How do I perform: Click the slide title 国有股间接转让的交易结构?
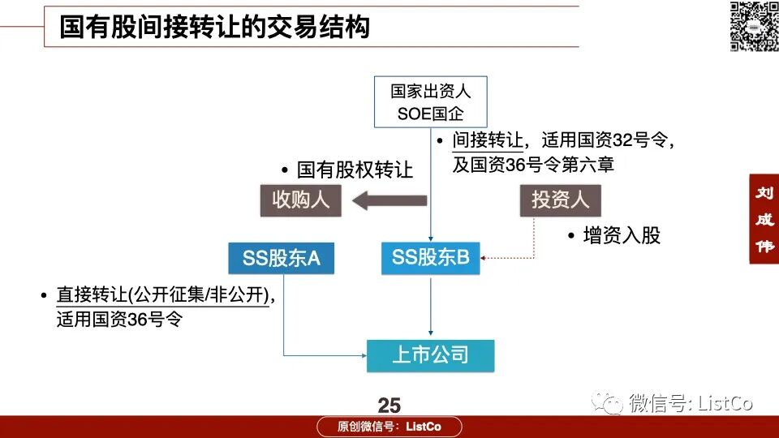point(214,27)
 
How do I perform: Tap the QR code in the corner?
point(753,26)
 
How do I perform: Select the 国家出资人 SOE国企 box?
point(430,102)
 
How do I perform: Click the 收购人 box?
point(300,200)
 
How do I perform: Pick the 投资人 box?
point(560,200)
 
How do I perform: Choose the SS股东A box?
point(281,259)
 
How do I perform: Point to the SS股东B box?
point(431,258)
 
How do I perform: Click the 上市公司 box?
point(430,355)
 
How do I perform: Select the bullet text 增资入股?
point(622,235)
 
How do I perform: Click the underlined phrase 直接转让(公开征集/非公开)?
point(162,295)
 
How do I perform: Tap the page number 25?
point(389,406)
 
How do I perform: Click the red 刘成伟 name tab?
point(764,219)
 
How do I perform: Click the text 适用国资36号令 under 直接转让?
point(119,320)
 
